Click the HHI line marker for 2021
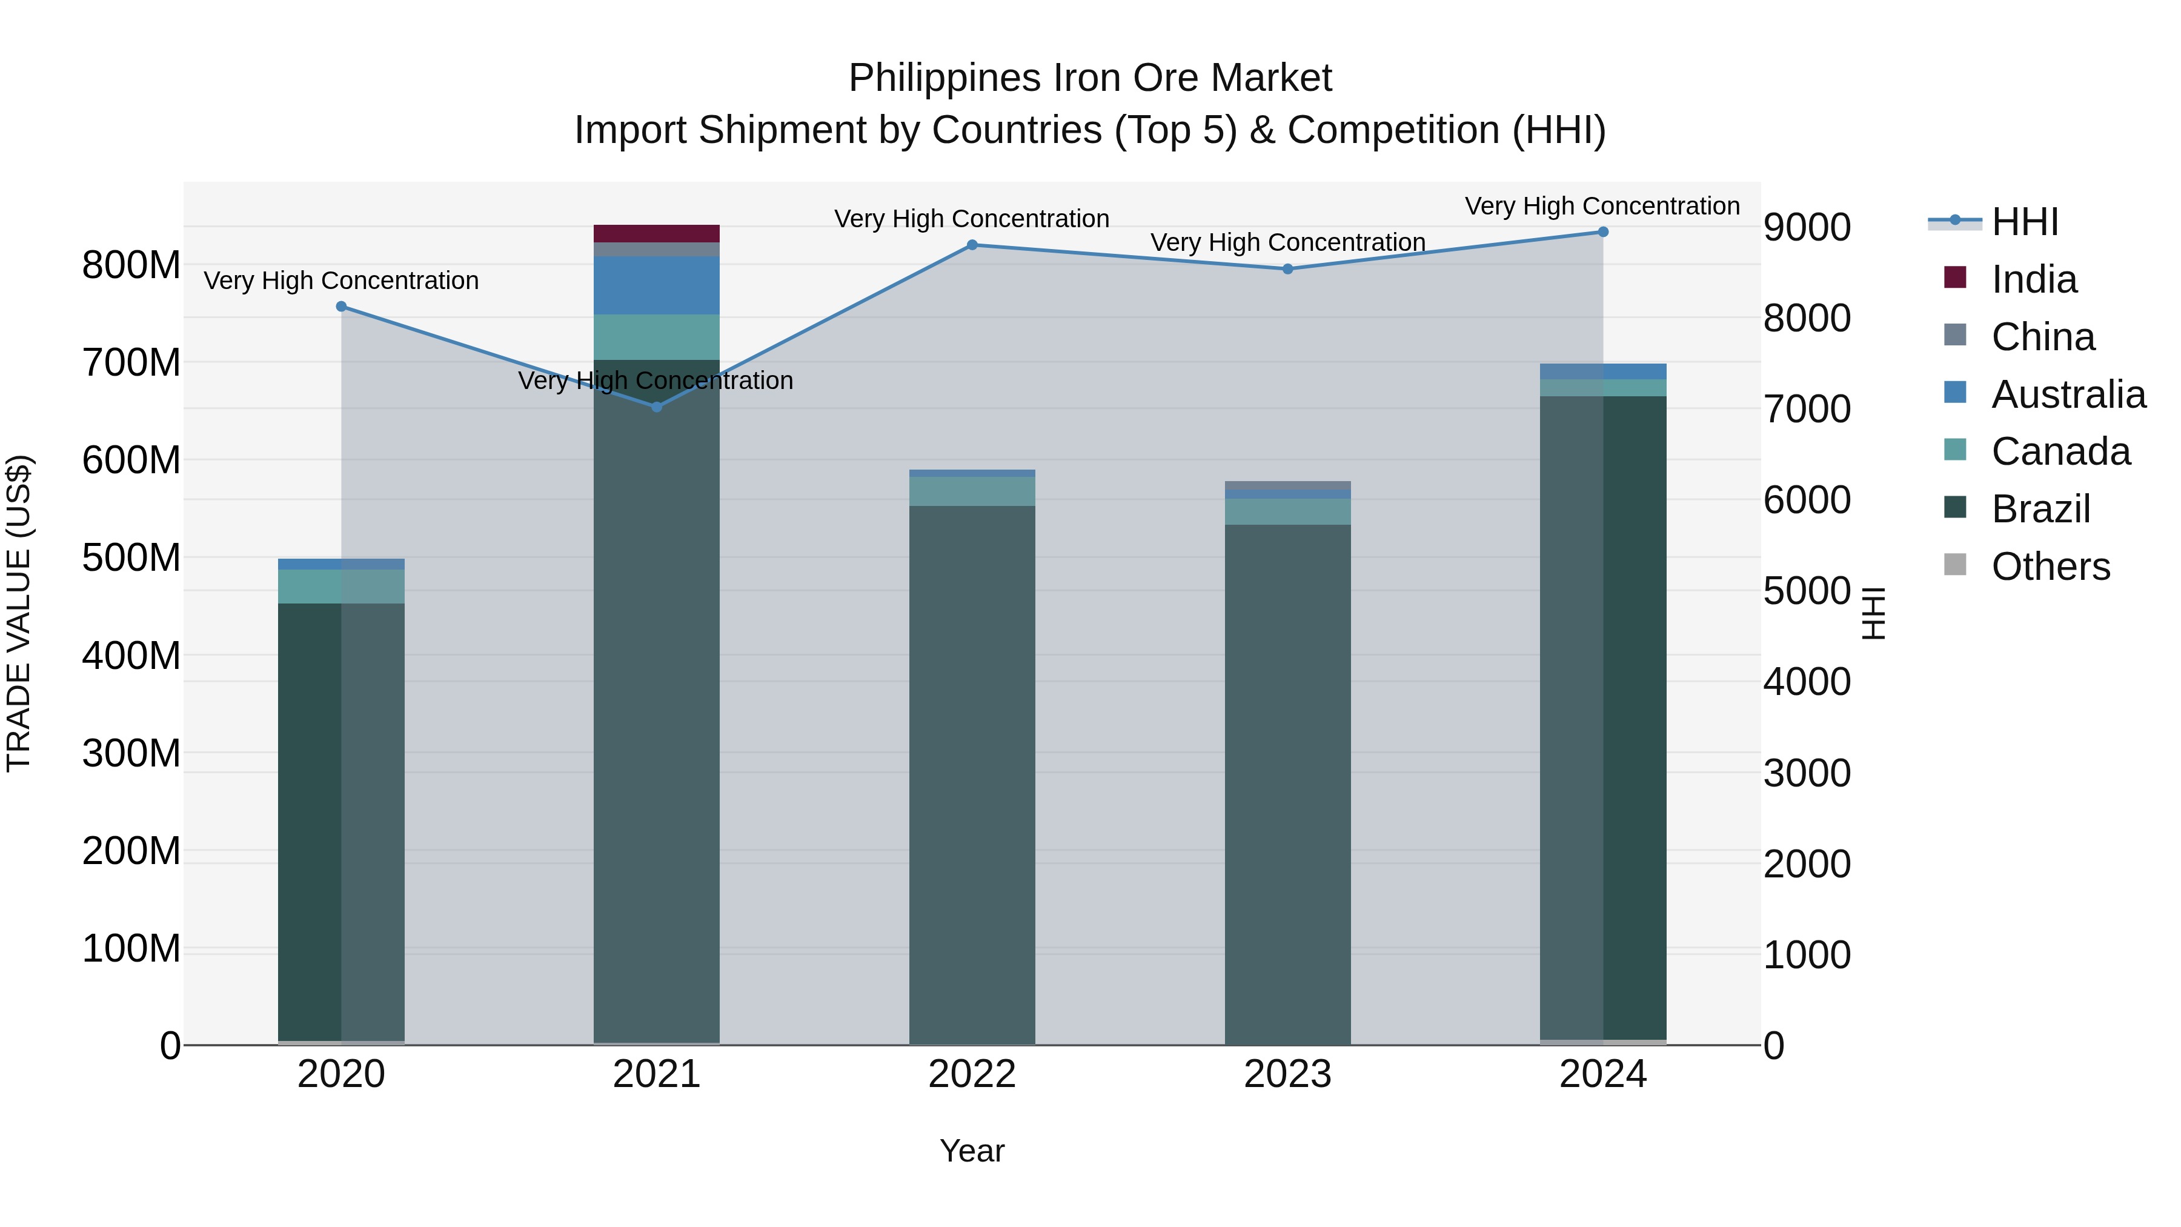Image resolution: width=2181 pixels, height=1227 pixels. tap(656, 407)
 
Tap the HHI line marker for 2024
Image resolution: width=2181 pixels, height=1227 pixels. tap(1602, 232)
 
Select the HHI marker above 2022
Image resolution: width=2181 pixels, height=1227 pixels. tap(972, 245)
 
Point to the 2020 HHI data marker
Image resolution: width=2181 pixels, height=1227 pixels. tap(341, 307)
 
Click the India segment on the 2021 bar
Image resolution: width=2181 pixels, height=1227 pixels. tap(656, 234)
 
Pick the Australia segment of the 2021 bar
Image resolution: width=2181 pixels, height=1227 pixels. tap(656, 285)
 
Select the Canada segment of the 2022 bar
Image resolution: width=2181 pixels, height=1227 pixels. tap(972, 491)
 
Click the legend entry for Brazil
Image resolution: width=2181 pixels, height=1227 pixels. tap(2040, 510)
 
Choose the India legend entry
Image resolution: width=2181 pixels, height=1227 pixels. tap(2034, 279)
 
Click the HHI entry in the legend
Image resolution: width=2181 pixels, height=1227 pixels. tap(2024, 222)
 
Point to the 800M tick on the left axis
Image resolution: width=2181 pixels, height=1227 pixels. tap(131, 265)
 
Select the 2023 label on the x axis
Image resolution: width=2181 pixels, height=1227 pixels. tap(1287, 1074)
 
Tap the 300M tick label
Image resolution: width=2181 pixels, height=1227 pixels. tap(131, 753)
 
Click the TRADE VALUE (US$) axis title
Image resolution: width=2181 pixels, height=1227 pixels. tap(19, 613)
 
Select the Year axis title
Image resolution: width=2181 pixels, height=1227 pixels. tap(972, 1151)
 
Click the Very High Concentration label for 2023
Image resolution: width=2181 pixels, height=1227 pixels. tap(1287, 242)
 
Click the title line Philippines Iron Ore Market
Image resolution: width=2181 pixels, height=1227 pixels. tap(1090, 78)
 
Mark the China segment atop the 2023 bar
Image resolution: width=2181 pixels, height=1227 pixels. tap(1287, 485)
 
